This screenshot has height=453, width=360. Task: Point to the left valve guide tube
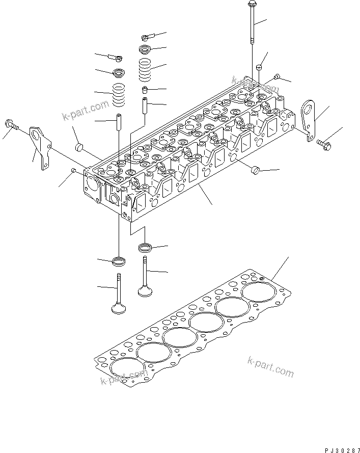(119, 122)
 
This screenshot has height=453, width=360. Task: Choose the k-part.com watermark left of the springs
(86, 109)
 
